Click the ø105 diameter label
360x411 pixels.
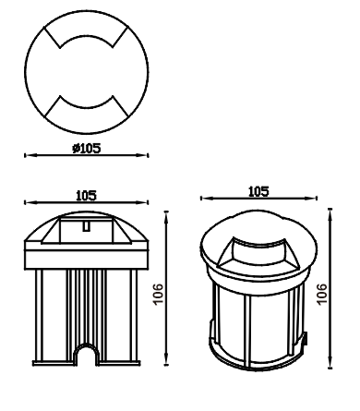click(87, 149)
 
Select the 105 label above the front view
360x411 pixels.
click(86, 196)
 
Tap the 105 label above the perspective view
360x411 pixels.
click(258, 191)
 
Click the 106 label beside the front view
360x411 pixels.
click(158, 294)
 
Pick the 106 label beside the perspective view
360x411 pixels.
click(321, 294)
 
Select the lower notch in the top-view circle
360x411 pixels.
click(87, 108)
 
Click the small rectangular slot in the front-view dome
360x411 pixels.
click(87, 226)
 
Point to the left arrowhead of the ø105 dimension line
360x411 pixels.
click(29, 155)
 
